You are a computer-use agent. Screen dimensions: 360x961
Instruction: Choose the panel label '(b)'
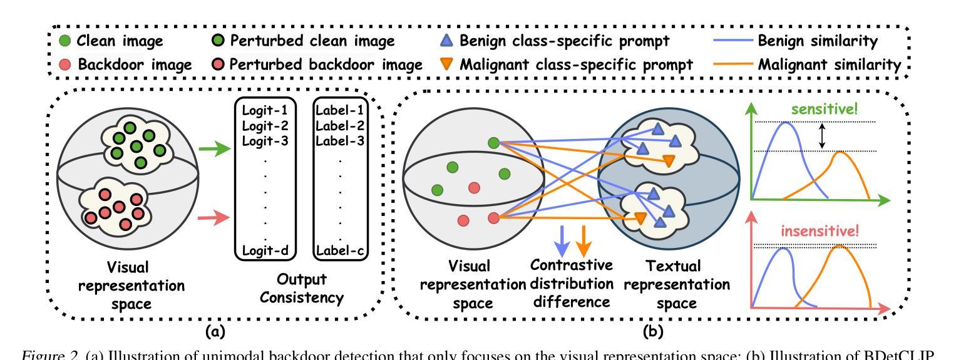click(655, 327)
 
